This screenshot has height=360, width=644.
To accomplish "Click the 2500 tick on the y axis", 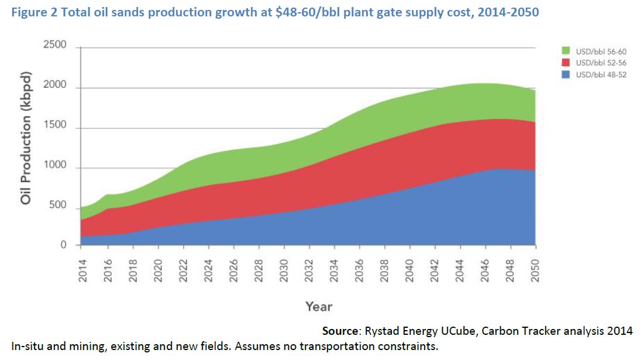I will point(55,46).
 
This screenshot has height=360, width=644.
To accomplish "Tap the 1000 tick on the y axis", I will point(55,167).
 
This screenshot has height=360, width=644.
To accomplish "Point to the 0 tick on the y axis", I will point(64,245).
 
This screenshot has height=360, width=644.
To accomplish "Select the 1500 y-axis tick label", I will point(55,127).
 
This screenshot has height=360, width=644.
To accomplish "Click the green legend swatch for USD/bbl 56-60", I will point(566,52).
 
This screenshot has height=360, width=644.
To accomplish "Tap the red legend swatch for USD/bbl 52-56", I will point(566,63).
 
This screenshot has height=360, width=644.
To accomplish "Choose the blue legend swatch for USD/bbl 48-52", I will point(566,74).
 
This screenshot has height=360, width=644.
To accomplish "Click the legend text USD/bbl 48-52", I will point(601,74).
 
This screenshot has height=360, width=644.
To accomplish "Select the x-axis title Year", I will point(318,306).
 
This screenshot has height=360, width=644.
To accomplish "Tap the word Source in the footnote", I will point(340,331).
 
